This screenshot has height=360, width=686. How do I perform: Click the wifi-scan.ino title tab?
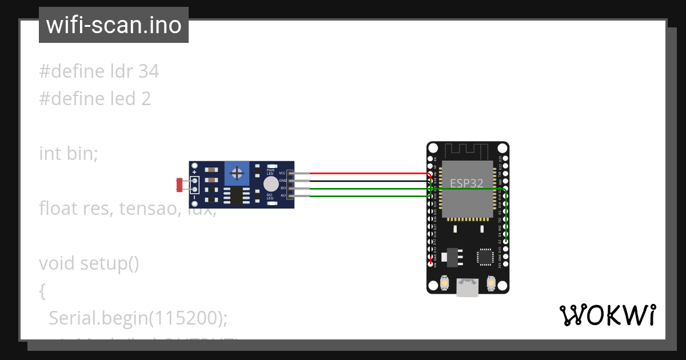pos(113,25)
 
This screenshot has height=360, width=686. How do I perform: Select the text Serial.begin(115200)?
pos(138,318)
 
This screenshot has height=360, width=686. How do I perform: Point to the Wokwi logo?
pos(607,315)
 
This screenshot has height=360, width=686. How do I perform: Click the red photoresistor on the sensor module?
pos(180,185)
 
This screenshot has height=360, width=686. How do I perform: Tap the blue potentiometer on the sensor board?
pos(236,173)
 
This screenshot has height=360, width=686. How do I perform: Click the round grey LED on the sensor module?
pos(270,183)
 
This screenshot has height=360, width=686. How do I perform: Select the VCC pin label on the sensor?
pos(282,173)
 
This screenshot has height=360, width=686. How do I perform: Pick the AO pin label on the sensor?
pos(282,195)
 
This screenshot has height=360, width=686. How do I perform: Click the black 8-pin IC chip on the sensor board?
pos(236,195)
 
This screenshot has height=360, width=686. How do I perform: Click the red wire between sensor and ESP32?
pos(366,173)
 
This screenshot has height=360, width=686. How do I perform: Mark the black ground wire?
pos(366,181)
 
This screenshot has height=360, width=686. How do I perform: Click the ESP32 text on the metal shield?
pos(466,183)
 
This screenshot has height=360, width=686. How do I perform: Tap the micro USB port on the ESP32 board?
pos(468,288)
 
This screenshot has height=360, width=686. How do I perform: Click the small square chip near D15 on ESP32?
pos(485,256)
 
